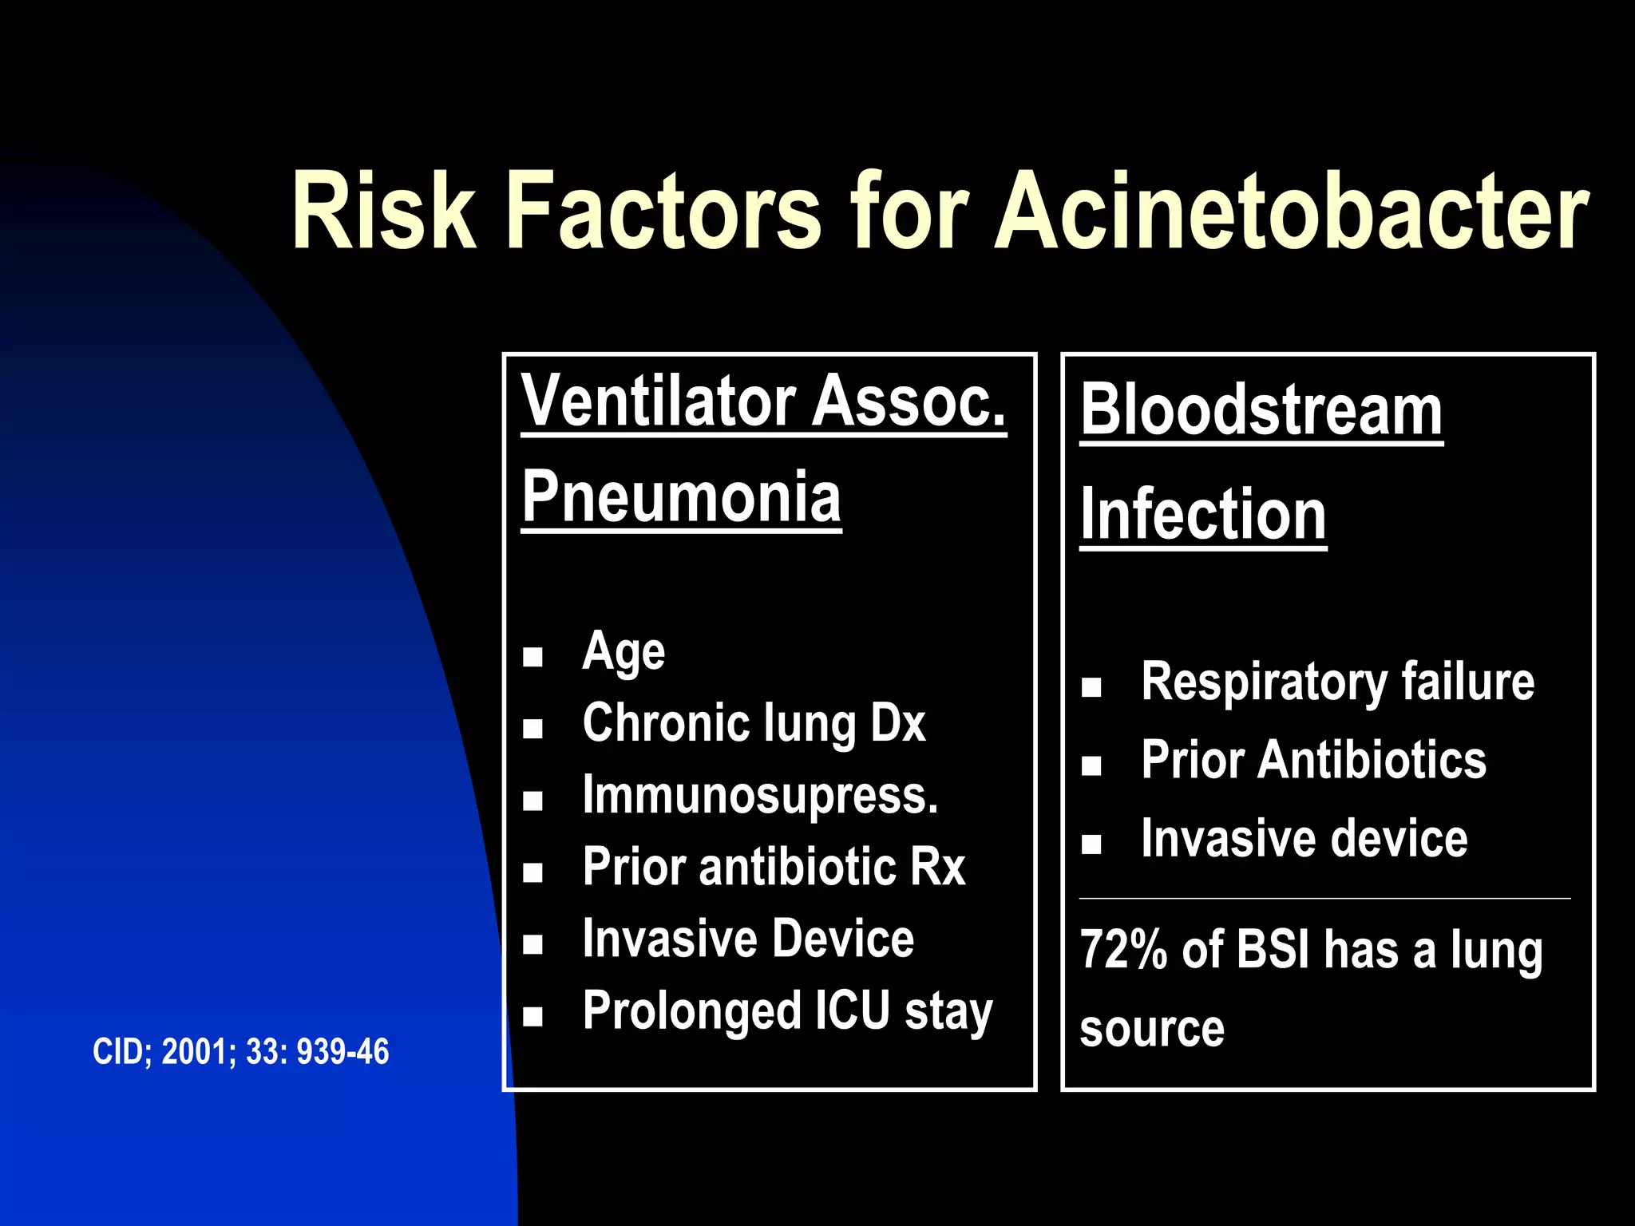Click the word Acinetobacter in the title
(1292, 212)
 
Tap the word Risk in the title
(383, 212)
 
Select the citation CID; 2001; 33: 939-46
(241, 1052)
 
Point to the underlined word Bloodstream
(1261, 410)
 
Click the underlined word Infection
(1203, 516)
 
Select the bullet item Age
(624, 652)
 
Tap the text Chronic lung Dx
(754, 723)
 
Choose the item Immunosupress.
(760, 796)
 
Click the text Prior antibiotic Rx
(774, 867)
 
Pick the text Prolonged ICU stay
(787, 1011)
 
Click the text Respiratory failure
(1337, 682)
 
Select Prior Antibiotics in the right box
(1313, 760)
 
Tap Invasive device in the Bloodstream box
(1304, 839)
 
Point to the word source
(1151, 1029)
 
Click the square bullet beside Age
(532, 657)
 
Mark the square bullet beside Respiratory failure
(1091, 687)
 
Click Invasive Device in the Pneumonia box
(748, 939)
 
